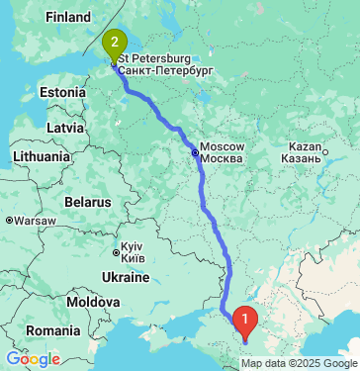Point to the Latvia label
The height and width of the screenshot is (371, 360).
(65, 128)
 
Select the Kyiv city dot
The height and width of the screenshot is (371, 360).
(114, 246)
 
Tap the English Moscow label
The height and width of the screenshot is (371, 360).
(222, 147)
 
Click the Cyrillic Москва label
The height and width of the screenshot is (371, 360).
(222, 159)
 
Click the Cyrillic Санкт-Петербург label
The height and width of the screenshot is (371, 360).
(164, 71)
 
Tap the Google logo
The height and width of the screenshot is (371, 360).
(34, 359)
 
